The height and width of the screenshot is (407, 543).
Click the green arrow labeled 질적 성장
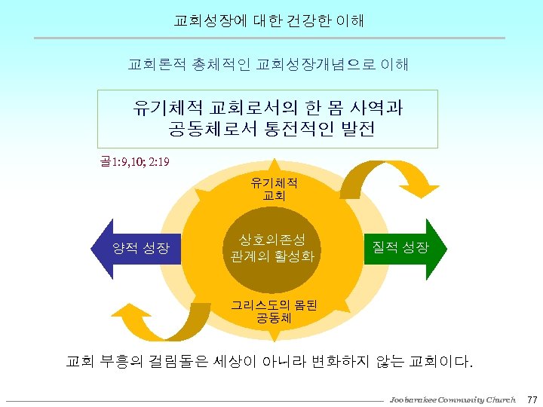pyautogui.click(x=404, y=247)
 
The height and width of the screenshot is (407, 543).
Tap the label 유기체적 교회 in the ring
pyautogui.click(x=273, y=189)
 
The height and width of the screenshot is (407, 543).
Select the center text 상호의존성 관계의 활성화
pyautogui.click(x=272, y=248)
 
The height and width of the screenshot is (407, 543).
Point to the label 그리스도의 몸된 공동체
pyautogui.click(x=273, y=311)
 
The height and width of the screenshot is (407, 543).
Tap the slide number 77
pyautogui.click(x=532, y=399)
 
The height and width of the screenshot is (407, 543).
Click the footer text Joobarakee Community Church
pyautogui.click(x=452, y=399)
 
